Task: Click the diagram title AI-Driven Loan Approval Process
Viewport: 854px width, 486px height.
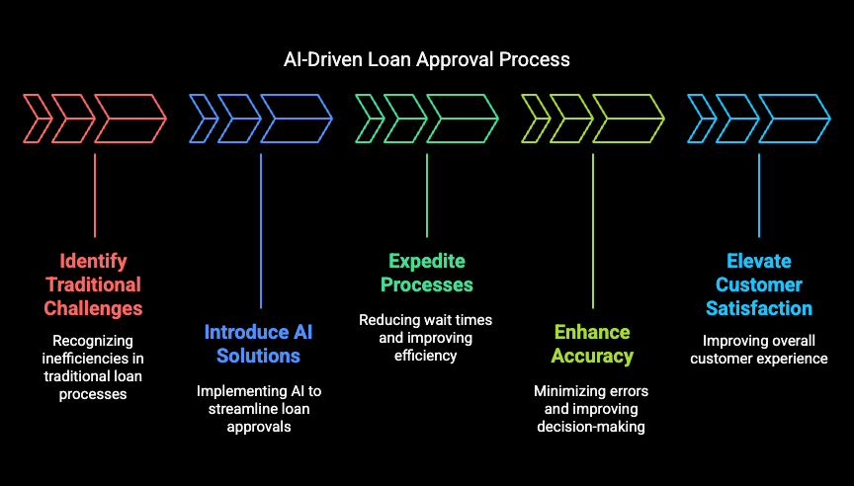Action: (426, 59)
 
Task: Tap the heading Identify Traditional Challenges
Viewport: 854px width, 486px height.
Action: (93, 284)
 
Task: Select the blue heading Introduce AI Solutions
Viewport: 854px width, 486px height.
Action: (258, 344)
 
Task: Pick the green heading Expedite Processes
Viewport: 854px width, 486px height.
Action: (426, 273)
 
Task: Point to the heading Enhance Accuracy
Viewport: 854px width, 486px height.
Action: (592, 344)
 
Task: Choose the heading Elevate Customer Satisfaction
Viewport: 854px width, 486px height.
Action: (759, 284)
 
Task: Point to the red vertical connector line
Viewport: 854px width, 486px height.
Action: (95, 196)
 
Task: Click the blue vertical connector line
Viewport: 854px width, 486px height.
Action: (261, 231)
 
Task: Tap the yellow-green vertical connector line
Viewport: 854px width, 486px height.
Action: (593, 231)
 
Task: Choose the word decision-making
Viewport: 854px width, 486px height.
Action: (591, 426)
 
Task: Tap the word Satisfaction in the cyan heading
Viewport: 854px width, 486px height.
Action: (759, 308)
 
